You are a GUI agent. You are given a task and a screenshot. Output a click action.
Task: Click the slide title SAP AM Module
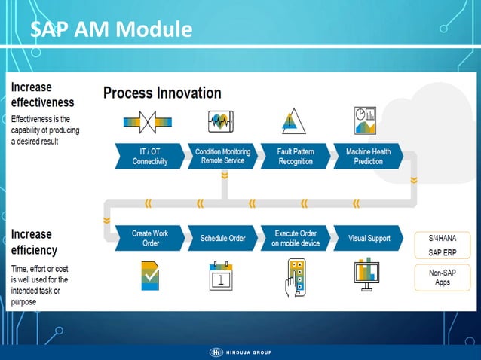click(x=111, y=30)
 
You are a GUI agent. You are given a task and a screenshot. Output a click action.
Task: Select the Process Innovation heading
click(x=162, y=93)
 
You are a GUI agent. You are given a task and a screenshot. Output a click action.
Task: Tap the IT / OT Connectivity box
click(x=149, y=156)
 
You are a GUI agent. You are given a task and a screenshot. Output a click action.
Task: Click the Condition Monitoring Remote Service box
click(x=222, y=156)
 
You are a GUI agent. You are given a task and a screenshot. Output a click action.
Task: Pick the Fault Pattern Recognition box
click(x=295, y=156)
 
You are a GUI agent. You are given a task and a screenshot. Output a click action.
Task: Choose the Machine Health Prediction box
click(x=367, y=156)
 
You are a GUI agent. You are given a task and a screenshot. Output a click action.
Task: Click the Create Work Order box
click(x=149, y=238)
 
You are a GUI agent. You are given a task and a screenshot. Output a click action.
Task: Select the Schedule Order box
click(x=222, y=238)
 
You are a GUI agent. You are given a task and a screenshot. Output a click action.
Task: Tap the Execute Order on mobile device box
click(x=295, y=238)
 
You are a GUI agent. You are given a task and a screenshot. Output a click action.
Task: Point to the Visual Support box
click(x=368, y=238)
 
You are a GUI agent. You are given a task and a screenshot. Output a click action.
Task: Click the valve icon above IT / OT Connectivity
click(x=149, y=121)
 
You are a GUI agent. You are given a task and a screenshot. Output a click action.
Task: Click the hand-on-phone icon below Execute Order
click(x=296, y=277)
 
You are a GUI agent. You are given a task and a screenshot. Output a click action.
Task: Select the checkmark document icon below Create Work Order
click(x=150, y=276)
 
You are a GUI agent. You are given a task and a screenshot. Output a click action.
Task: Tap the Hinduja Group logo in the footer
click(x=240, y=352)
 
